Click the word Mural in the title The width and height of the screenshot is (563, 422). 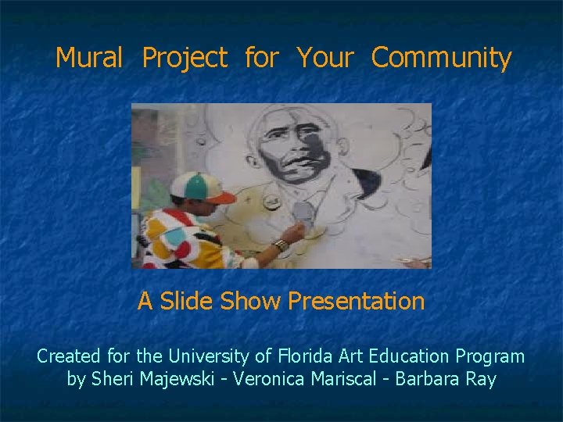tap(89, 58)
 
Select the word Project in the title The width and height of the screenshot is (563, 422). tap(185, 59)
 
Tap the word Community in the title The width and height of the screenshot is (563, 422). tap(441, 59)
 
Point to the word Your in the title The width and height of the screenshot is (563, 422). tap(325, 58)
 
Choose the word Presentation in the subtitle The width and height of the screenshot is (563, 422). tap(356, 301)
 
